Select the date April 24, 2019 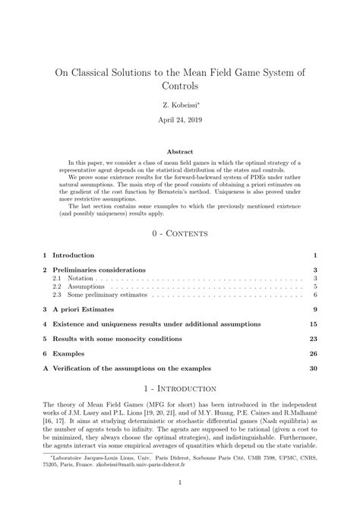click(179, 120)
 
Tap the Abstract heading click(179, 151)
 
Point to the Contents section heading click(180, 232)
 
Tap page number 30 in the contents click(312, 368)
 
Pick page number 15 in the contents click(312, 324)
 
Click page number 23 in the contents click(312, 339)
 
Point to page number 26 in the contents click(312, 353)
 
